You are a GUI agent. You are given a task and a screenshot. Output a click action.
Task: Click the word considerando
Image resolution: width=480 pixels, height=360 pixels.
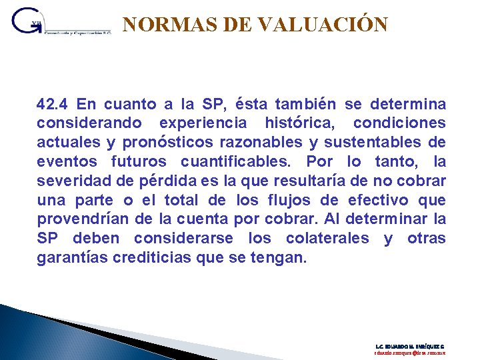(x=89, y=123)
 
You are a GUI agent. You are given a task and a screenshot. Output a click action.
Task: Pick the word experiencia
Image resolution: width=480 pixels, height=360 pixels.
(x=203, y=123)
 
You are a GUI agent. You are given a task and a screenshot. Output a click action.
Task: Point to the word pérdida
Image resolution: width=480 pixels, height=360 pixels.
(x=165, y=181)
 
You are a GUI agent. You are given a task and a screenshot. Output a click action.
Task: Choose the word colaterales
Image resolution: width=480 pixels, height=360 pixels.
(x=327, y=239)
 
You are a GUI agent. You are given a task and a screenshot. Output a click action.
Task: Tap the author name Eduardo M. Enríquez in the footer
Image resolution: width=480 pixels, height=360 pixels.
(x=409, y=347)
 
